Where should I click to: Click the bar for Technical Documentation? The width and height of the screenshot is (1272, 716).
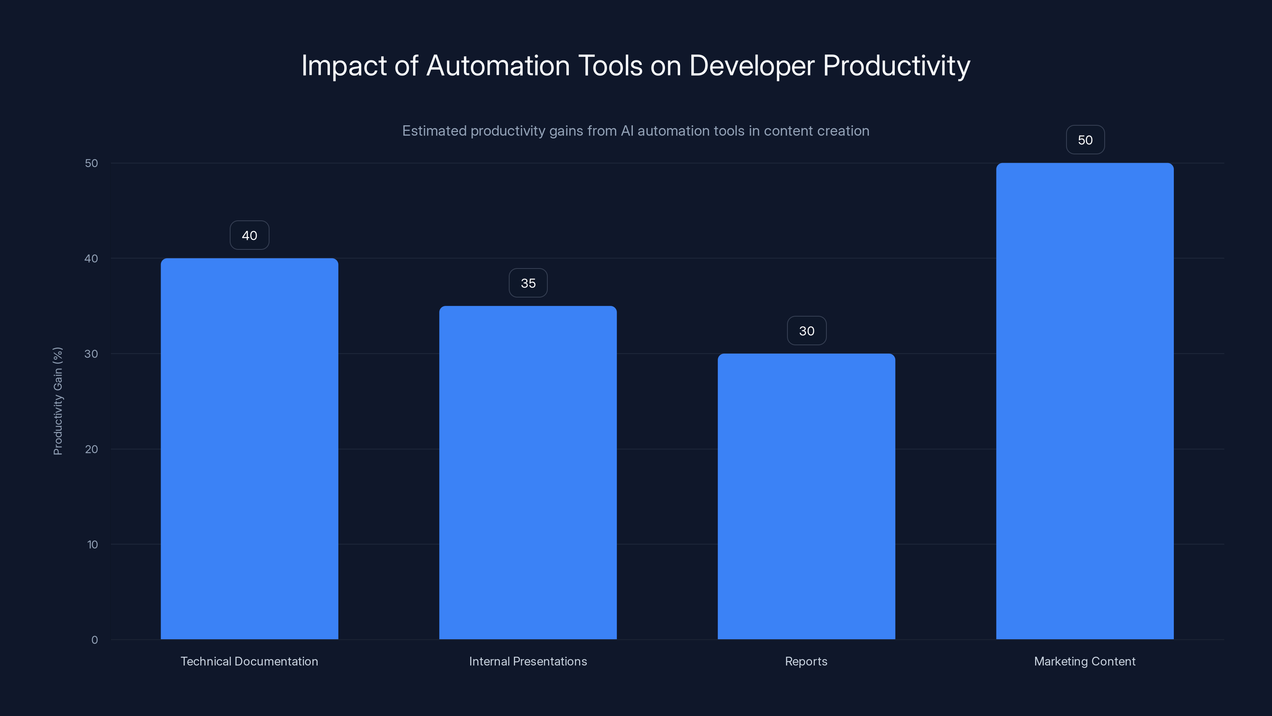coord(249,449)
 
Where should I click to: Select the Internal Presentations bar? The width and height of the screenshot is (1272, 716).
coord(528,473)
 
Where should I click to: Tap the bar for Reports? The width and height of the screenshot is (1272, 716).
coord(807,496)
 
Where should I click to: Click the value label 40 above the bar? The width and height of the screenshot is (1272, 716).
coord(249,235)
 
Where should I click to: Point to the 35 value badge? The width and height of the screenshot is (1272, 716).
coord(528,283)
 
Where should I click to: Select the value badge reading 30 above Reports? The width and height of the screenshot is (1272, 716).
coord(807,331)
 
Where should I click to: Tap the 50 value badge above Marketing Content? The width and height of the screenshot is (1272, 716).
coord(1085,140)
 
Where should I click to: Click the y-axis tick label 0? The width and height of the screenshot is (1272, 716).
coord(94,640)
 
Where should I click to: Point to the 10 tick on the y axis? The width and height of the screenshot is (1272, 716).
coord(92,545)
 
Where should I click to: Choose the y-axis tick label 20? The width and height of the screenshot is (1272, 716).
coord(91,449)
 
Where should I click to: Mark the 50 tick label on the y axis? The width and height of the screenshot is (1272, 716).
coord(91,163)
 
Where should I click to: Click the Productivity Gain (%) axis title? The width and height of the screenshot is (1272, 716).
coord(58,401)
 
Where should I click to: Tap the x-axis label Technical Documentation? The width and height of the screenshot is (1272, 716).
coord(249,661)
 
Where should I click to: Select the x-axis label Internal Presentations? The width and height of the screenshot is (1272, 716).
coord(528,661)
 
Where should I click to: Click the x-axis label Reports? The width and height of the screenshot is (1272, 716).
coord(807,661)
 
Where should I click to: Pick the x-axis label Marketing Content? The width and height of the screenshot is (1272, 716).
coord(1085,661)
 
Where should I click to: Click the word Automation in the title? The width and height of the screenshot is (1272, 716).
coord(498,65)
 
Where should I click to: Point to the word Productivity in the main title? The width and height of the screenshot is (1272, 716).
coord(896,66)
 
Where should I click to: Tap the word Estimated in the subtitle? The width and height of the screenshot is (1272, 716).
coord(434,131)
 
